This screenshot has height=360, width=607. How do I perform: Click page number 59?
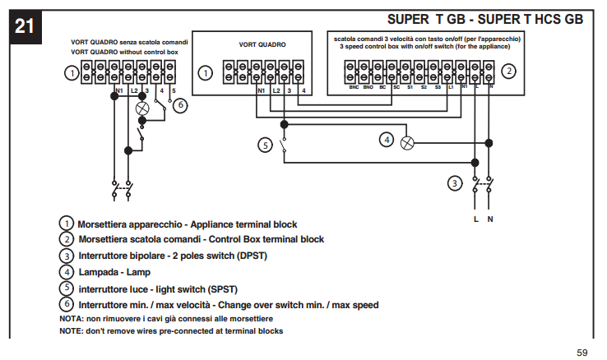pyautogui.click(x=582, y=353)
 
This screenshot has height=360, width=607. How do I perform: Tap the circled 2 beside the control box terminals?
pyautogui.click(x=510, y=72)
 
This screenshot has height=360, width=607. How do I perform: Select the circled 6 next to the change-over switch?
pyautogui.click(x=181, y=104)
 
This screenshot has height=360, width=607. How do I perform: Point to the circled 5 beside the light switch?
pyautogui.click(x=264, y=145)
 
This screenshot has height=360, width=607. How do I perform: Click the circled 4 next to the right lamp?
pyautogui.click(x=387, y=140)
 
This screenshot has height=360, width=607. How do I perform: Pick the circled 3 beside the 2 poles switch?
pyautogui.click(x=454, y=182)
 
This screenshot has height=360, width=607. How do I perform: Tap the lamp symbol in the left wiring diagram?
pyautogui.click(x=141, y=107)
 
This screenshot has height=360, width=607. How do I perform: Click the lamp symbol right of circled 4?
pyautogui.click(x=406, y=142)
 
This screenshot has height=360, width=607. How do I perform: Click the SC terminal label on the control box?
pyautogui.click(x=396, y=86)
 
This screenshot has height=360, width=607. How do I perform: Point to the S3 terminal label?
pyautogui.click(x=438, y=86)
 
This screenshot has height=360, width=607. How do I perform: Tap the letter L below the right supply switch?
pyautogui.click(x=476, y=219)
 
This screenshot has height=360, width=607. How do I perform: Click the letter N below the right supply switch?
pyautogui.click(x=490, y=219)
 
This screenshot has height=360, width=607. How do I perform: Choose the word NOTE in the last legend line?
pyautogui.click(x=71, y=330)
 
